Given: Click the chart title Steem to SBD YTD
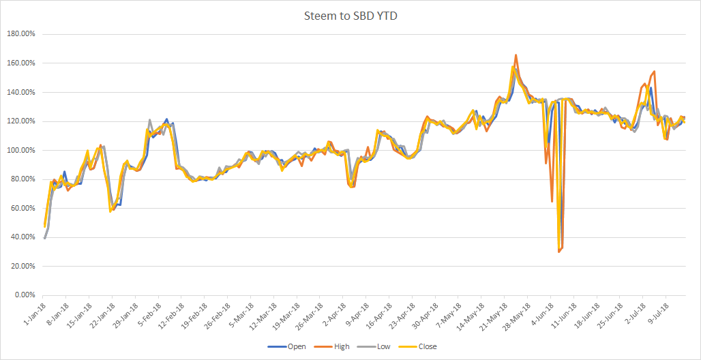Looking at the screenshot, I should click(x=350, y=16).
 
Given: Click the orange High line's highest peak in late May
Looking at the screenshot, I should click(x=516, y=55).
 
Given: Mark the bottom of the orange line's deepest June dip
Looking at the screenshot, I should click(x=558, y=252).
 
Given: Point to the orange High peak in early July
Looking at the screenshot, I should click(x=654, y=71).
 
